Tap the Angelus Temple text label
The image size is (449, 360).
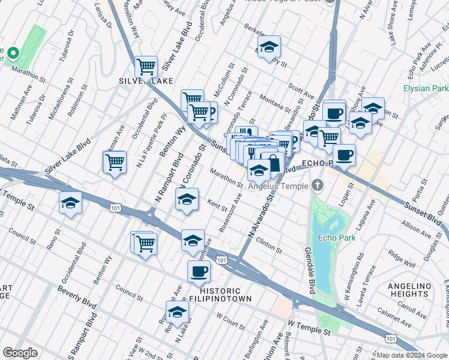276,186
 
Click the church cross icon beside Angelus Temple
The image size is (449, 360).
318,185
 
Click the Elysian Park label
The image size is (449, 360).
426,88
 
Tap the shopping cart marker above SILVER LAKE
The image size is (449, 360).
146,67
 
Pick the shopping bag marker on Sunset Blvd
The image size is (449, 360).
274,162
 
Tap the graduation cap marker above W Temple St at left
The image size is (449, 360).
70,204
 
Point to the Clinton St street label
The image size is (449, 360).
269,245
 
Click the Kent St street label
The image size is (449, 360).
217,206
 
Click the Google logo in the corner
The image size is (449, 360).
20,353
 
